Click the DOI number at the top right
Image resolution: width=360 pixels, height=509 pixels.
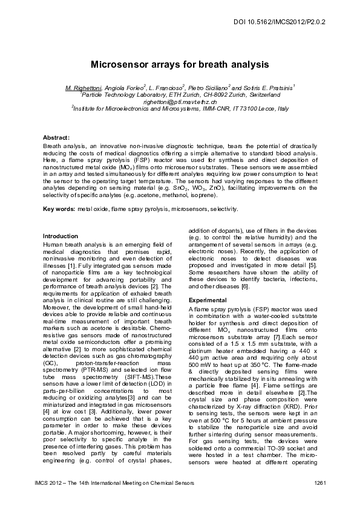pyautogui.click(x=288, y=21)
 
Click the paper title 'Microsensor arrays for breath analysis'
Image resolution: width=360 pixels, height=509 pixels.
pyautogui.click(x=180, y=63)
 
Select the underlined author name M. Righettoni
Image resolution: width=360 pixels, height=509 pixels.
pyautogui.click(x=84, y=88)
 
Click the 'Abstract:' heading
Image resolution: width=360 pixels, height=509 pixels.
pyautogui.click(x=57, y=138)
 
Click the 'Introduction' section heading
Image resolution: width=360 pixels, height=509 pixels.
pyautogui.click(x=61, y=236)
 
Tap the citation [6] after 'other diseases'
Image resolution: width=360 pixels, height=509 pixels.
pyautogui.click(x=245, y=287)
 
